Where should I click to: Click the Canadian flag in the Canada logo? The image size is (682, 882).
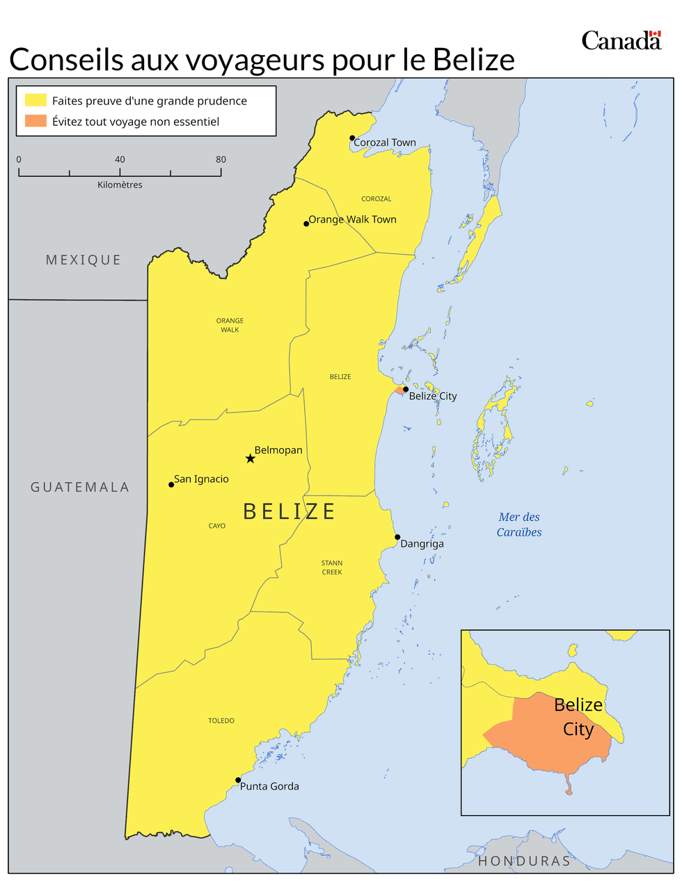click(x=654, y=35)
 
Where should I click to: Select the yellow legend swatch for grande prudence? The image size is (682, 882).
click(x=35, y=100)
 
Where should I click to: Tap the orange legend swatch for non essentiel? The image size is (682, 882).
click(x=35, y=121)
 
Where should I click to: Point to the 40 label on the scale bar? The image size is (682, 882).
click(x=120, y=159)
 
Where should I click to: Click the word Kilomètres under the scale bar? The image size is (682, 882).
click(x=120, y=185)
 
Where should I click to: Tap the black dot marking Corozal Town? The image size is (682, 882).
click(x=352, y=138)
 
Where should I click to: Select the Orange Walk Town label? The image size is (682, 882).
click(x=352, y=219)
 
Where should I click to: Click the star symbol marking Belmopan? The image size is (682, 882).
click(x=250, y=458)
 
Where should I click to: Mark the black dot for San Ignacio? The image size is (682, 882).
click(x=171, y=484)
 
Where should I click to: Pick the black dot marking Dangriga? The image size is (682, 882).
click(x=397, y=537)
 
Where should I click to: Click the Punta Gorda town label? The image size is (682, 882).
click(x=269, y=786)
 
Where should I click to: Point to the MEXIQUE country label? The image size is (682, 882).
click(x=84, y=260)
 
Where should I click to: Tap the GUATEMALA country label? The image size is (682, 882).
click(x=80, y=488)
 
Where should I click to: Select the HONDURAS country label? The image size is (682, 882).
click(x=524, y=861)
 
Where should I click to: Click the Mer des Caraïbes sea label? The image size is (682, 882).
click(x=519, y=524)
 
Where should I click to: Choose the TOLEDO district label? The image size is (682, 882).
click(x=221, y=721)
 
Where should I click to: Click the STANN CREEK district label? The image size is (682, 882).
click(x=332, y=568)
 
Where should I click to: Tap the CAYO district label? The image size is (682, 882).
click(x=217, y=526)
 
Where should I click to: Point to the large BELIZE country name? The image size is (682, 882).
click(x=290, y=512)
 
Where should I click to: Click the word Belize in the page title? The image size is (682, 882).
click(x=473, y=60)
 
